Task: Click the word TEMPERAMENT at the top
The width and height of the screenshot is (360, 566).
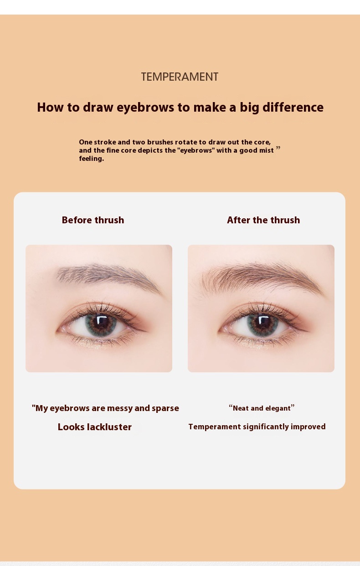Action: click(x=180, y=77)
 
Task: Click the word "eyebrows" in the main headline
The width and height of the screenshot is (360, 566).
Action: click(x=145, y=108)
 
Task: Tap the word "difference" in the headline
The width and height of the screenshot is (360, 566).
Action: click(x=293, y=107)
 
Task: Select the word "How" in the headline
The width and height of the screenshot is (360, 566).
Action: click(x=51, y=107)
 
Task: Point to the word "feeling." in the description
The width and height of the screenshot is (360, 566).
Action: click(x=92, y=159)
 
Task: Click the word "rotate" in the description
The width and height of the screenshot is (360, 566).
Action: click(x=187, y=142)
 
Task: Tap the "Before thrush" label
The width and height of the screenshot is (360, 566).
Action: click(x=93, y=220)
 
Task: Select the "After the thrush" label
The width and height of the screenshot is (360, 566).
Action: click(x=263, y=220)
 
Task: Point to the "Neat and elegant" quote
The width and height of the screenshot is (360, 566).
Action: click(x=262, y=408)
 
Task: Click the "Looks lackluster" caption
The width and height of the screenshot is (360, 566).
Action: click(x=95, y=427)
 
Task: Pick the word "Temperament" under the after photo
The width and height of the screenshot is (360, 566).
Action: click(x=215, y=427)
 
